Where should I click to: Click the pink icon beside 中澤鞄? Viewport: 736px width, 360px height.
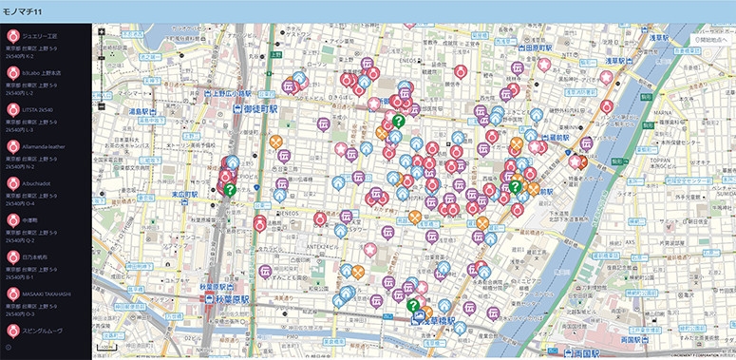[13, 219]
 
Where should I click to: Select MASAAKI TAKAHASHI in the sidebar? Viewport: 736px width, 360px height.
[47, 294]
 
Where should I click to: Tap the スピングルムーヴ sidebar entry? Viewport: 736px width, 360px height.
[45, 331]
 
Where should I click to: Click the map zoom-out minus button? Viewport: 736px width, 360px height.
[100, 104]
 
